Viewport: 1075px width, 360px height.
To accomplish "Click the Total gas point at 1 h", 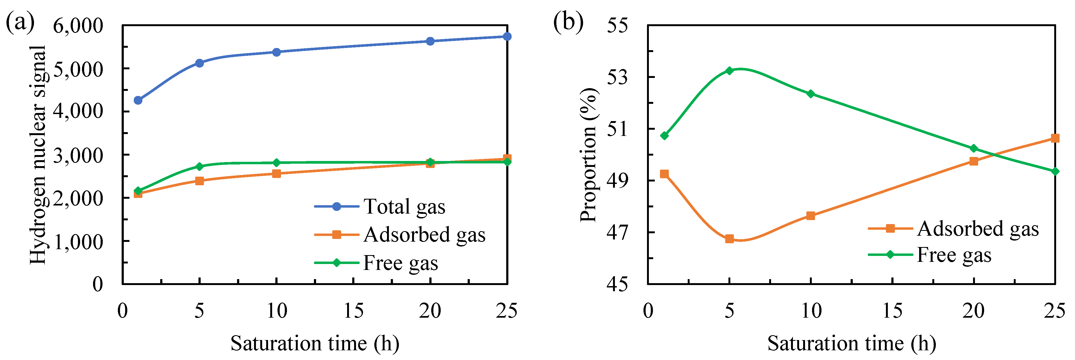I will pos(138,100).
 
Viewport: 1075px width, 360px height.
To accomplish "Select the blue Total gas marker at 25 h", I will pos(507,37).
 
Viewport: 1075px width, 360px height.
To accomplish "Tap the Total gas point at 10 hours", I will pos(276,52).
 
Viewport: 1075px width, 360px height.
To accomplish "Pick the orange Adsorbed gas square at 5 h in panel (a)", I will pos(200,181).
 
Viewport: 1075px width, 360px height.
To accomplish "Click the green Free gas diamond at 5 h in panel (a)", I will pos(200,166).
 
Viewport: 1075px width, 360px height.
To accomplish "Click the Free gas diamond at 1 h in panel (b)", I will pos(664,136).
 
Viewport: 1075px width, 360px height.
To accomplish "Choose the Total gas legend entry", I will pos(404,207).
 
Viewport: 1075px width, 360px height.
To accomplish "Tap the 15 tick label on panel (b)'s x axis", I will pos(892,311).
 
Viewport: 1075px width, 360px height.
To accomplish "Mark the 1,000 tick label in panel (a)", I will pos(78,242).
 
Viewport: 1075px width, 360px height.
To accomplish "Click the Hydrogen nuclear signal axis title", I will pos(38,154).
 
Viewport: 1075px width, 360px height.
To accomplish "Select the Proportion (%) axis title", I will pos(589,154).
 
